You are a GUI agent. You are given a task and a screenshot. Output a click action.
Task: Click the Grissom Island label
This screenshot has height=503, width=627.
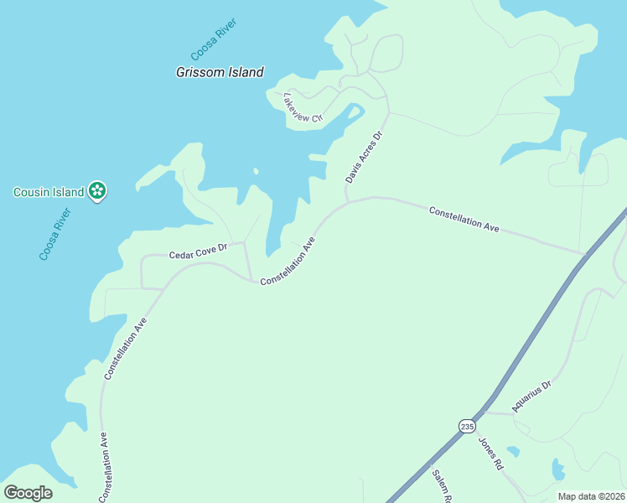(x=220, y=72)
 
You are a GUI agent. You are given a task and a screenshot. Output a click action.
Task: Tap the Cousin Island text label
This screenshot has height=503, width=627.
(x=49, y=192)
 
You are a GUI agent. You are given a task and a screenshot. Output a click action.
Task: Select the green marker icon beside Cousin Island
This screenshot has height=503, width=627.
(x=98, y=191)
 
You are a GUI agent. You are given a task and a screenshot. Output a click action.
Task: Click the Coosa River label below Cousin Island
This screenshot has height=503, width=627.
(x=56, y=234)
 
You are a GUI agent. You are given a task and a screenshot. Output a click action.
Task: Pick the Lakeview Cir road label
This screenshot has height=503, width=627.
(x=303, y=107)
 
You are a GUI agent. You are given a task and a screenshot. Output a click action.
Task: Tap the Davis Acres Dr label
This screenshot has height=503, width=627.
(x=364, y=157)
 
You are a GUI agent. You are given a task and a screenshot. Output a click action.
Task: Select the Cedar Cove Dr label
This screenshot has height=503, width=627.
(x=199, y=251)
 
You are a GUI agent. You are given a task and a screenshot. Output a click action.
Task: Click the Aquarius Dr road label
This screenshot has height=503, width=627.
(x=532, y=397)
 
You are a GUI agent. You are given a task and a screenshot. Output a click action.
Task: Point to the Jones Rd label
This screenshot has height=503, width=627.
(x=490, y=454)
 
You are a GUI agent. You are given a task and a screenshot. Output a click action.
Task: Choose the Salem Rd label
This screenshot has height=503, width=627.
(x=443, y=487)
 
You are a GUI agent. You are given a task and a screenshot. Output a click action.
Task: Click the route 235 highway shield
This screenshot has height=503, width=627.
(x=466, y=427)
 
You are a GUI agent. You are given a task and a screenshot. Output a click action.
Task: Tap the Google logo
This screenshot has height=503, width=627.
(x=28, y=492)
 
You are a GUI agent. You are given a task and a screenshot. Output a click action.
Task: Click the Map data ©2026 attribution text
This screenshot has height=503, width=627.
(x=591, y=496)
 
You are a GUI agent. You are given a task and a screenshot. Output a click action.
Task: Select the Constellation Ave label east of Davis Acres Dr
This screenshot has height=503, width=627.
(x=464, y=219)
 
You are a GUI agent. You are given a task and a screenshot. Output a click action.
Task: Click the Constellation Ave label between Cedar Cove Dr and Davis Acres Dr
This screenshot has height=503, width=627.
(x=288, y=262)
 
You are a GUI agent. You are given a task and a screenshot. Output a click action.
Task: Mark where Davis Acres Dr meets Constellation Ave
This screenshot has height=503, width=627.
(x=347, y=201)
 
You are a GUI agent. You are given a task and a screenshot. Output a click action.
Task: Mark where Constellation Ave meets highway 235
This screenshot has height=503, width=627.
(x=585, y=252)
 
